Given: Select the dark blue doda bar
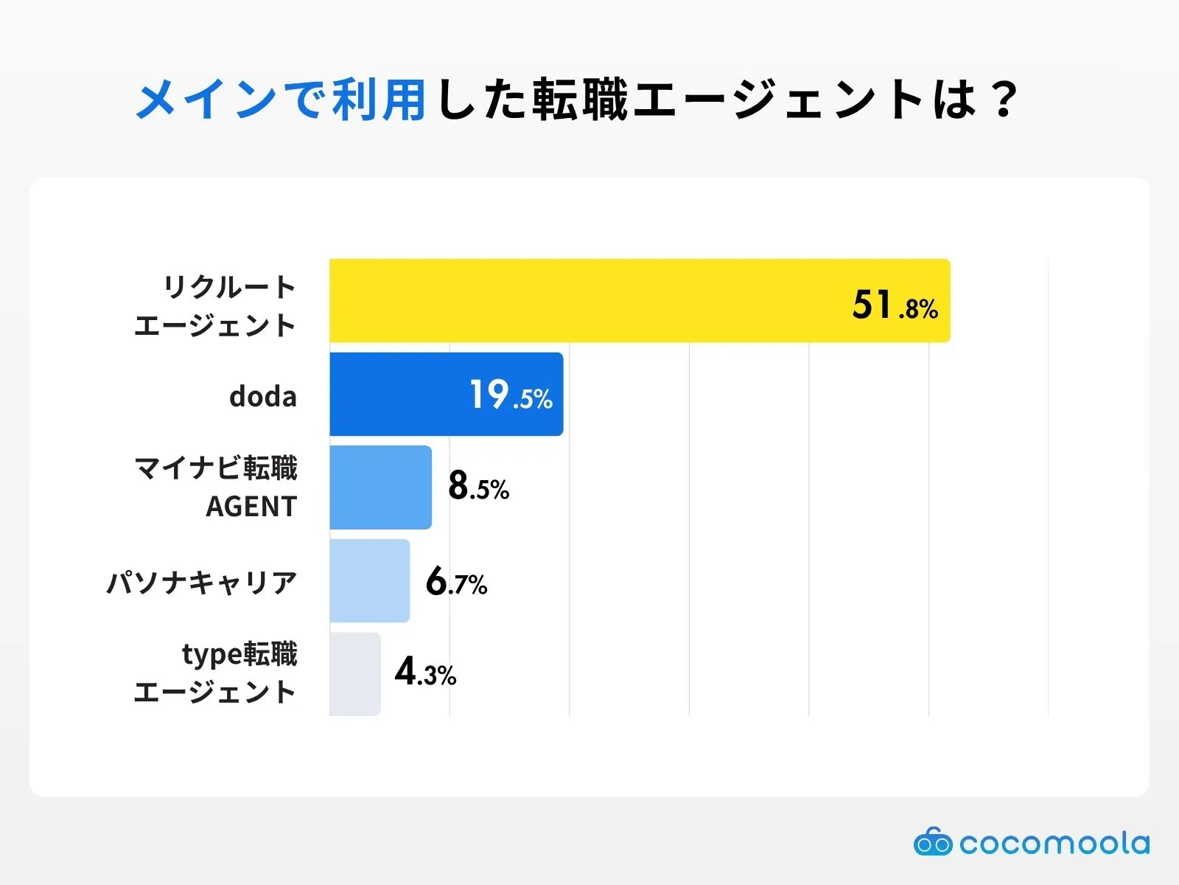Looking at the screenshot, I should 398,394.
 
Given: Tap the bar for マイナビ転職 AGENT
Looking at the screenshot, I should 380,487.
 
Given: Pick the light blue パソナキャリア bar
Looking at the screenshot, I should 369,580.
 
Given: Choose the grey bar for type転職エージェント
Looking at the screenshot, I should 354,673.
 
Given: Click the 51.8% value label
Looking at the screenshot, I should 895,305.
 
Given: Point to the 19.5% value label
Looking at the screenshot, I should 511,395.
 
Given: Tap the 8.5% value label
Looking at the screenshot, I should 478,487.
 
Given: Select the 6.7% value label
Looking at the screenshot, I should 456,582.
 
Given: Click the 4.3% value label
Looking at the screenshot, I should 425,672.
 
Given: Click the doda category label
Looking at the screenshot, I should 262,397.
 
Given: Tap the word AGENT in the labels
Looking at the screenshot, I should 251,507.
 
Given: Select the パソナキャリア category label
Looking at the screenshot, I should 202,583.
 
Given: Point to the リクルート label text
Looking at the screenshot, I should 229,287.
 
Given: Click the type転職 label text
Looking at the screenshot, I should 239,654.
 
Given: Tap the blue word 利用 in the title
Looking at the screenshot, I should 378,99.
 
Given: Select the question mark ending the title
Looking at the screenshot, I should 1004,99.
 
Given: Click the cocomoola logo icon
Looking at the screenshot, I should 933,841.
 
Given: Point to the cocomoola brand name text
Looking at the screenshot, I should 1054,843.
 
